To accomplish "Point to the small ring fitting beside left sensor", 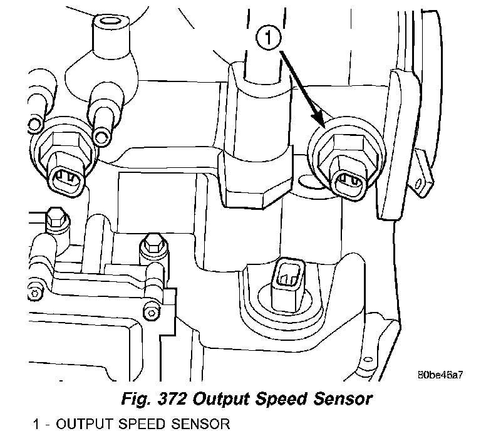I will (100, 135).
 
